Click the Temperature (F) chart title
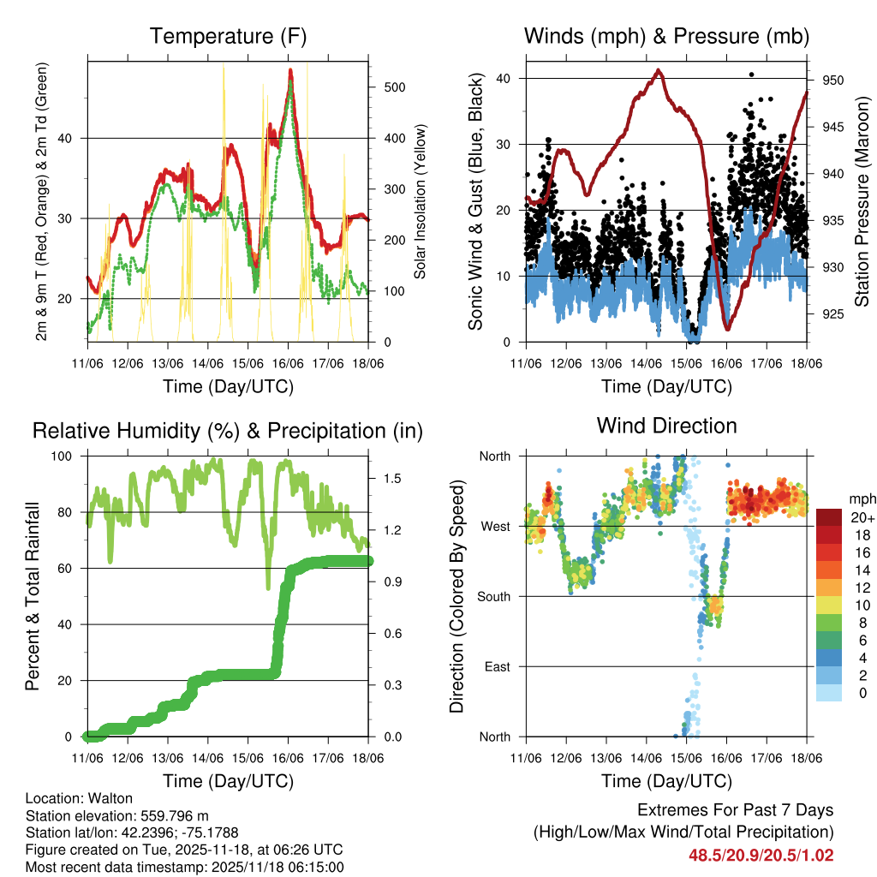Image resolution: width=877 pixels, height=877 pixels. pyautogui.click(x=228, y=37)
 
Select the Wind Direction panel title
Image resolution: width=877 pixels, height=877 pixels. pyautogui.click(x=666, y=426)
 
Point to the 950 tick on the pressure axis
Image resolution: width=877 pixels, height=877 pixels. pyautogui.click(x=833, y=81)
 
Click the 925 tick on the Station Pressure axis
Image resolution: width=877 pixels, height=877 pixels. pyautogui.click(x=833, y=314)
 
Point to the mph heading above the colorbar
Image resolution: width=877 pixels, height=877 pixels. pyautogui.click(x=860, y=499)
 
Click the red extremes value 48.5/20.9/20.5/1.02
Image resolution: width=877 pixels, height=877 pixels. pyautogui.click(x=761, y=855)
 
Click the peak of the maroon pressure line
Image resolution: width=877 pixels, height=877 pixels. pyautogui.click(x=658, y=70)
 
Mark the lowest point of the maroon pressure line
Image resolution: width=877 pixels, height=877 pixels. pyautogui.click(x=727, y=327)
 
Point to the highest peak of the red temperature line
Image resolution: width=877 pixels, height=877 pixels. pyautogui.click(x=290, y=71)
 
